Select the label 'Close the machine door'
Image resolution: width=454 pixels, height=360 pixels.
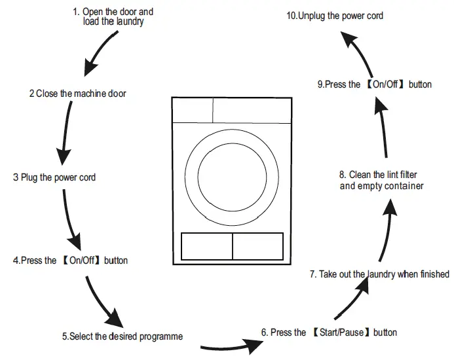pos(77,94)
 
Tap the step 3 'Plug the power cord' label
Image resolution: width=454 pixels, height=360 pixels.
pos(58,177)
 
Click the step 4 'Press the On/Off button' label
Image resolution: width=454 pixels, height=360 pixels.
pos(70,261)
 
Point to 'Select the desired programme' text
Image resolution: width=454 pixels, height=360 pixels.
pos(123,336)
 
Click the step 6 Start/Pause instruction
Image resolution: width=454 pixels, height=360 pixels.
pos(329,333)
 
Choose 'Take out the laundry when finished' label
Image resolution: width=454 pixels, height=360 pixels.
pos(379,274)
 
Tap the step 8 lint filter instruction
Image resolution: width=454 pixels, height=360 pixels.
pos(381,181)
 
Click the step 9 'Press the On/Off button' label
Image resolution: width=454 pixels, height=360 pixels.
pos(374,84)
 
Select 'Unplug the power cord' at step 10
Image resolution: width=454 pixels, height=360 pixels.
pos(335,15)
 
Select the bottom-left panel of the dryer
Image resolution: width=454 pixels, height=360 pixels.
pos(206,246)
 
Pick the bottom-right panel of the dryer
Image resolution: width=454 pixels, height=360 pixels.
pos(257,246)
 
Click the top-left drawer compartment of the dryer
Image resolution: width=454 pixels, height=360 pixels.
pos(192,111)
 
